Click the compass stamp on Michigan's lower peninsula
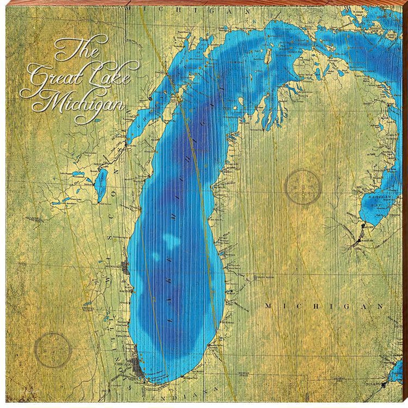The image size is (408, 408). pos(303,187)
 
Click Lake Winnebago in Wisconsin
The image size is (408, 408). pos(102,185)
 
